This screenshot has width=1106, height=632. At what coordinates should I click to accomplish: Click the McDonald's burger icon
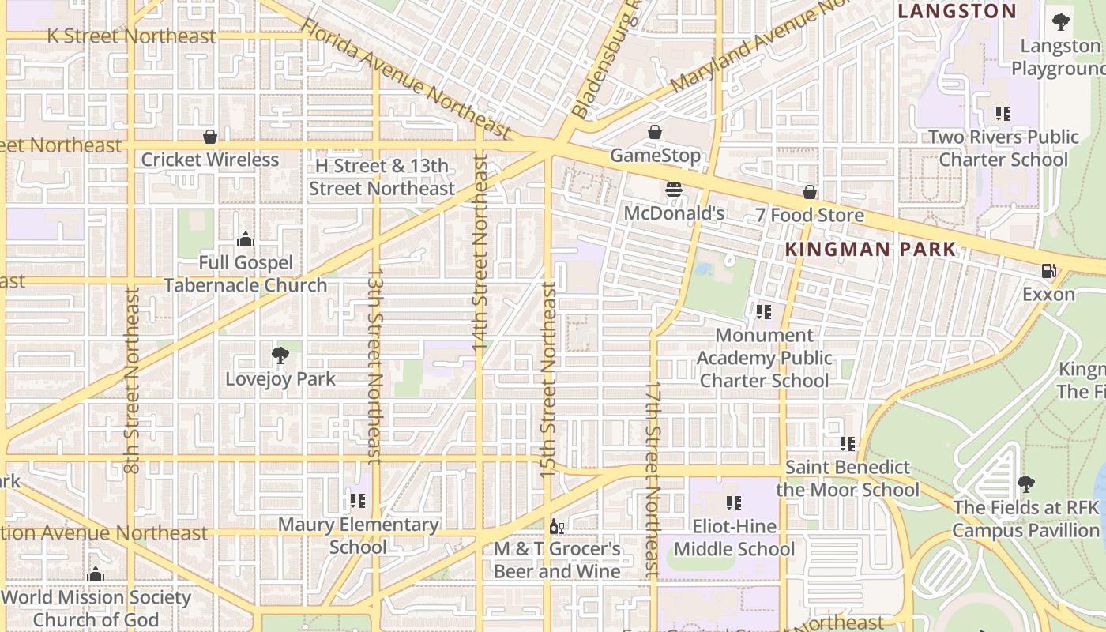(674, 190)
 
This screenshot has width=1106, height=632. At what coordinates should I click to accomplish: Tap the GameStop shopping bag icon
(655, 132)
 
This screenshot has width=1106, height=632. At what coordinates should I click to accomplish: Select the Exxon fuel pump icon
(1048, 271)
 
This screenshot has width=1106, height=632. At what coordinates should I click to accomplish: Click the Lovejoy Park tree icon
(280, 355)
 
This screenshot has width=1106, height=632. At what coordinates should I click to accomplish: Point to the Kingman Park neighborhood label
(870, 250)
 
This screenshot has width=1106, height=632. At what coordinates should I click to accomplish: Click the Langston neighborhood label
(957, 11)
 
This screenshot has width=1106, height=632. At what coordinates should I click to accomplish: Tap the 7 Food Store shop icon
(810, 192)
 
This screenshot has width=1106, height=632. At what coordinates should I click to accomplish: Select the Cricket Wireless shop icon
(210, 137)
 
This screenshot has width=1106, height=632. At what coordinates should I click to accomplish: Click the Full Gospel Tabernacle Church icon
(246, 239)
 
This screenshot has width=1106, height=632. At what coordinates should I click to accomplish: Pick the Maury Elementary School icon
(358, 501)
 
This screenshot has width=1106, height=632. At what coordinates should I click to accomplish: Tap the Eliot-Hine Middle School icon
(734, 502)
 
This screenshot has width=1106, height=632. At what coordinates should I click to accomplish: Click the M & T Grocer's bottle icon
(557, 526)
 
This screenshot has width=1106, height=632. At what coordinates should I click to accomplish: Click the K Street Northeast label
(131, 36)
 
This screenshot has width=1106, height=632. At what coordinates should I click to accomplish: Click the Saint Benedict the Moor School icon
(848, 444)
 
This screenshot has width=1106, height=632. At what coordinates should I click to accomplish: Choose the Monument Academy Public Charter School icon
(763, 312)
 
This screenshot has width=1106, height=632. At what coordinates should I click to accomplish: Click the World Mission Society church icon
(96, 574)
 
